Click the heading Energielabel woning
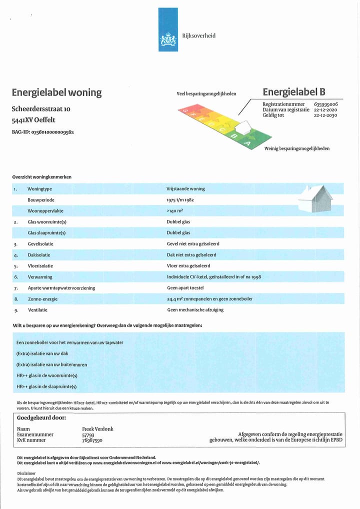pos(56,92)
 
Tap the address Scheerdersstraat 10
pos(41,108)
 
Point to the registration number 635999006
pos(326,104)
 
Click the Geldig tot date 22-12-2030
pos(325,115)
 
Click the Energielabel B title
pos(294,91)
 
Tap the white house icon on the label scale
pos(243,128)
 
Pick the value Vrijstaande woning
pos(185,189)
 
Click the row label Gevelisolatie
pos(40,244)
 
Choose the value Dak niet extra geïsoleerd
pos(191,255)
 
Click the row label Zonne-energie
pos(42,298)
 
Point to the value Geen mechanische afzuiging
pos(195,309)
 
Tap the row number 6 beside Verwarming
pos(16,277)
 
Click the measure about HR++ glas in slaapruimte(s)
pos(46,386)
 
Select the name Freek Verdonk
pos(98,429)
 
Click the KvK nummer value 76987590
pos(92,440)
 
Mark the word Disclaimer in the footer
pos(26,473)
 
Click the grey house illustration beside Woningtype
pos(315,199)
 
